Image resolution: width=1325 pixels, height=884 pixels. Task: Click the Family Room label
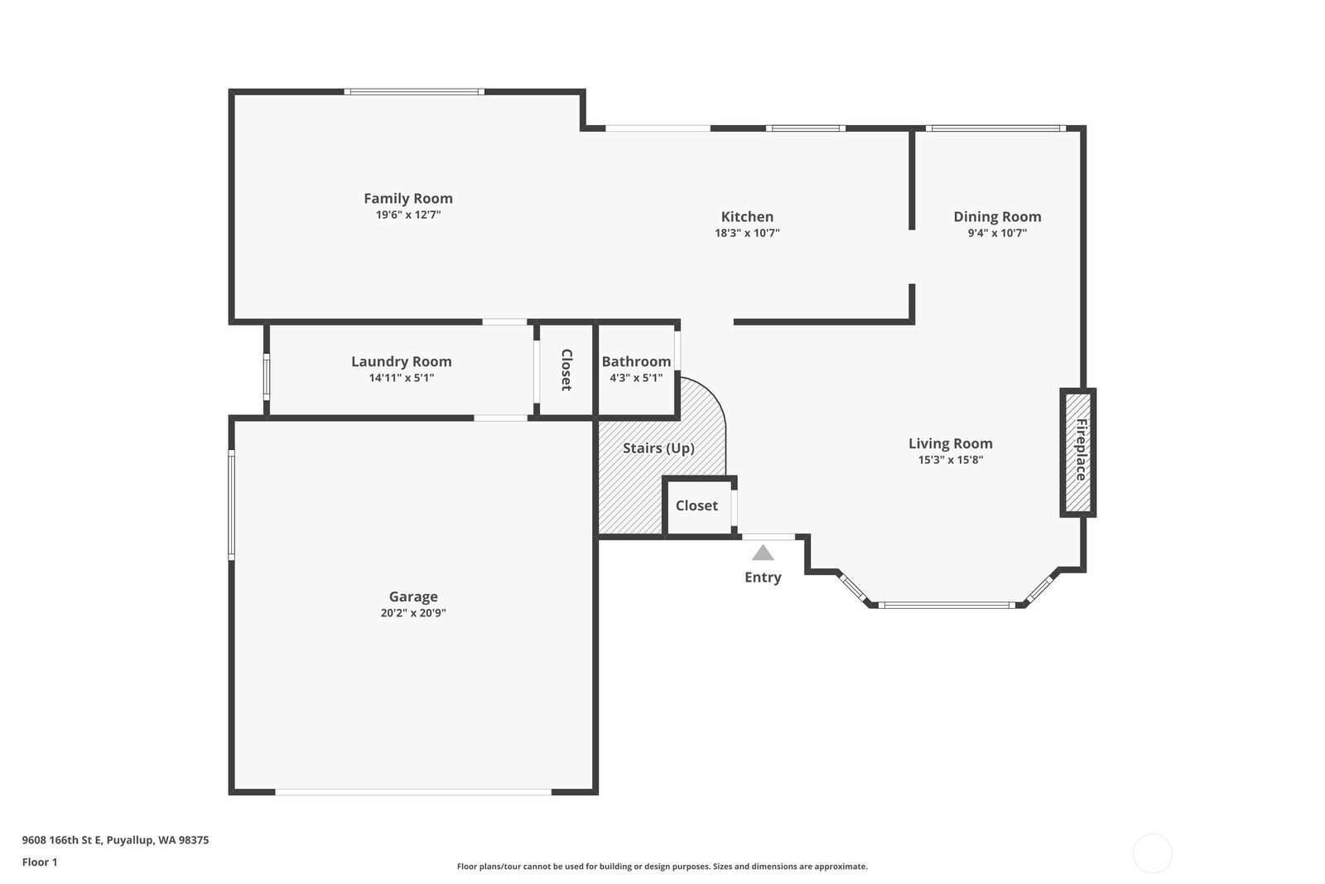point(407,198)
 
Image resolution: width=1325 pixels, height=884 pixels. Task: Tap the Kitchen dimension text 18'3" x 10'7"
point(747,233)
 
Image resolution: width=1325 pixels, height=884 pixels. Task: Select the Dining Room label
point(997,217)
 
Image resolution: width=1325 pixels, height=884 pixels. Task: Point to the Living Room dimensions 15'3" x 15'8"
point(951,460)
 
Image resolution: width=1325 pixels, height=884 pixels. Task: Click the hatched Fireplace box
point(1077,452)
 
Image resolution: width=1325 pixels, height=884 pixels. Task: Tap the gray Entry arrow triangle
point(763,553)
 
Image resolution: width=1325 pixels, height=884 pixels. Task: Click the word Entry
point(763,577)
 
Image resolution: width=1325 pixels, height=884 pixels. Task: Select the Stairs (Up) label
point(658,448)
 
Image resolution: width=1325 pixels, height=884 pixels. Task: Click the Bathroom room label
point(636,361)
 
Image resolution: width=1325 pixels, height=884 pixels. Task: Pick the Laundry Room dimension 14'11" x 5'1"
point(402,378)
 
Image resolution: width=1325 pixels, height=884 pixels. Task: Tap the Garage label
point(413,597)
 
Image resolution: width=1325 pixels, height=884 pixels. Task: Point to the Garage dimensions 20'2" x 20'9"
point(413,613)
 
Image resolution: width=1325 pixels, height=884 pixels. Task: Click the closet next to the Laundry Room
point(566,370)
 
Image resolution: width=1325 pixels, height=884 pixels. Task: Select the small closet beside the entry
point(697,506)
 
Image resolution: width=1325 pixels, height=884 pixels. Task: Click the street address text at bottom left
point(115,840)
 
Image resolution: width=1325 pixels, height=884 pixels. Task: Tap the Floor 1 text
point(40,862)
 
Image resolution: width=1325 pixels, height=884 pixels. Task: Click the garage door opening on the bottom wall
point(413,792)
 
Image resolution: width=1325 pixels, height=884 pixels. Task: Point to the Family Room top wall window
point(414,92)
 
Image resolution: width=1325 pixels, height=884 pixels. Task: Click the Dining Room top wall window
point(995,128)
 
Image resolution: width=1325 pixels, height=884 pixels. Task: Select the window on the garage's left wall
point(231,505)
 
